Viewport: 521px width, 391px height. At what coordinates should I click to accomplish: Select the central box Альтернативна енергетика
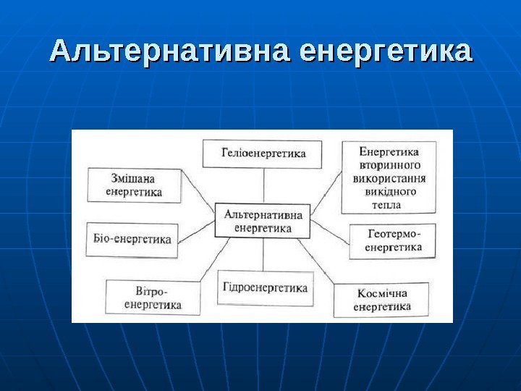[263, 221]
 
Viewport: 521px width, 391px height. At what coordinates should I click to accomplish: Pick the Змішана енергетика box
[135, 185]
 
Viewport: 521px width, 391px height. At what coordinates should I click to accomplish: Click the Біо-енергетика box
[134, 240]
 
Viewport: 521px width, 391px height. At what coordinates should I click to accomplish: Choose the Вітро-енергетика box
[152, 297]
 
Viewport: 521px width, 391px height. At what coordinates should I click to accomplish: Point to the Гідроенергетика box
[264, 287]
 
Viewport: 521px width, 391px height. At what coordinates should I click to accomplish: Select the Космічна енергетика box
[381, 300]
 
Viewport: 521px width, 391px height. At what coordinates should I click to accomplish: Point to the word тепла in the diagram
[387, 205]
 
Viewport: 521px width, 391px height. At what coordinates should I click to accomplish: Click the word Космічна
[382, 293]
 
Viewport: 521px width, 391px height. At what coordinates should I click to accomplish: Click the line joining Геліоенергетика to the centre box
[263, 186]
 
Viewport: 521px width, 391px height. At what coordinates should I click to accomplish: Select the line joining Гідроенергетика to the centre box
[263, 255]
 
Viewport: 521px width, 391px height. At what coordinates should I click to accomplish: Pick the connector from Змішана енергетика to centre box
[198, 198]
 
